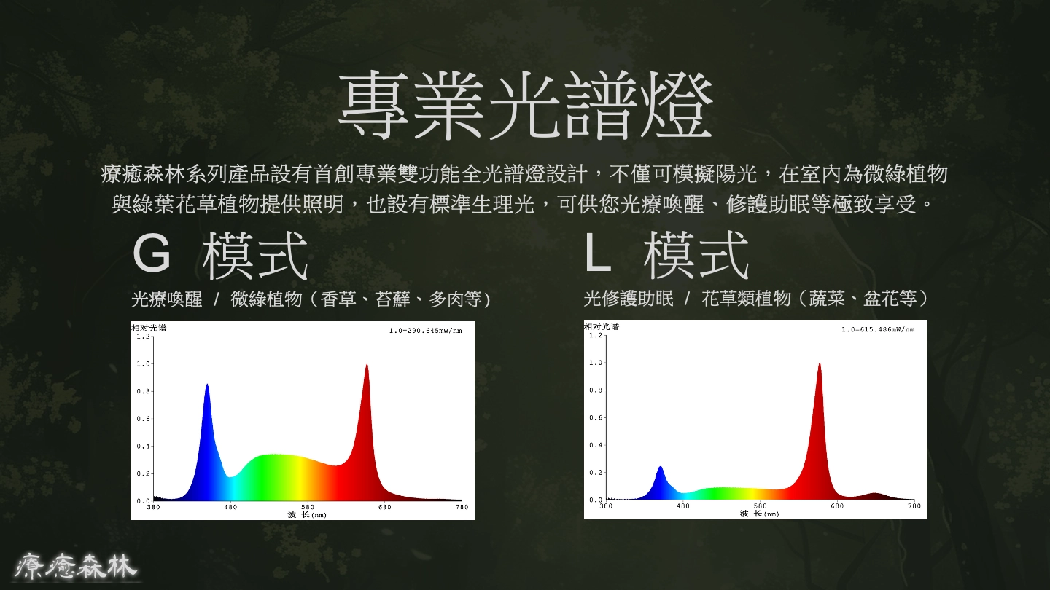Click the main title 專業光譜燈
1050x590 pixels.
pyautogui.click(x=526, y=106)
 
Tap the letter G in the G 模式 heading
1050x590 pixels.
pyautogui.click(x=152, y=253)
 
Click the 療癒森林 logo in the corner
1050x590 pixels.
pyautogui.click(x=75, y=566)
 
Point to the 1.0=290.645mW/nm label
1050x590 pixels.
pyautogui.click(x=425, y=331)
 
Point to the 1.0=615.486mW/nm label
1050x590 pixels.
pyautogui.click(x=877, y=329)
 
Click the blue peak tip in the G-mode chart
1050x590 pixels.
pyautogui.click(x=207, y=385)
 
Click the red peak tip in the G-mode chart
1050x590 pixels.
pyautogui.click(x=367, y=364)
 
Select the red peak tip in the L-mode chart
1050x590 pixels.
pyautogui.click(x=820, y=363)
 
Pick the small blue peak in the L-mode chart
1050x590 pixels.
pyautogui.click(x=661, y=467)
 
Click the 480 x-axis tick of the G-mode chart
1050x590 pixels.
pyautogui.click(x=230, y=507)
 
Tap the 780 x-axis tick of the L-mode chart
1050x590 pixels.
pyautogui.click(x=914, y=506)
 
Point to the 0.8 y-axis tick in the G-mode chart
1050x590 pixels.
pyautogui.click(x=143, y=391)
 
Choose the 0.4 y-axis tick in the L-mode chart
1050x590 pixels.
pyautogui.click(x=595, y=445)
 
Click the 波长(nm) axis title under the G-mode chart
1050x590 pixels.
pyautogui.click(x=307, y=514)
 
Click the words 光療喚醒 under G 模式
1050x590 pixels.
pyautogui.click(x=167, y=299)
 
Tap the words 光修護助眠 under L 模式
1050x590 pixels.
pyautogui.click(x=628, y=299)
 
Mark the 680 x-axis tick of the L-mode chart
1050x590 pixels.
pyautogui.click(x=837, y=506)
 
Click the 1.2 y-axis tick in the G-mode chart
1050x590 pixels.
pyautogui.click(x=143, y=337)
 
